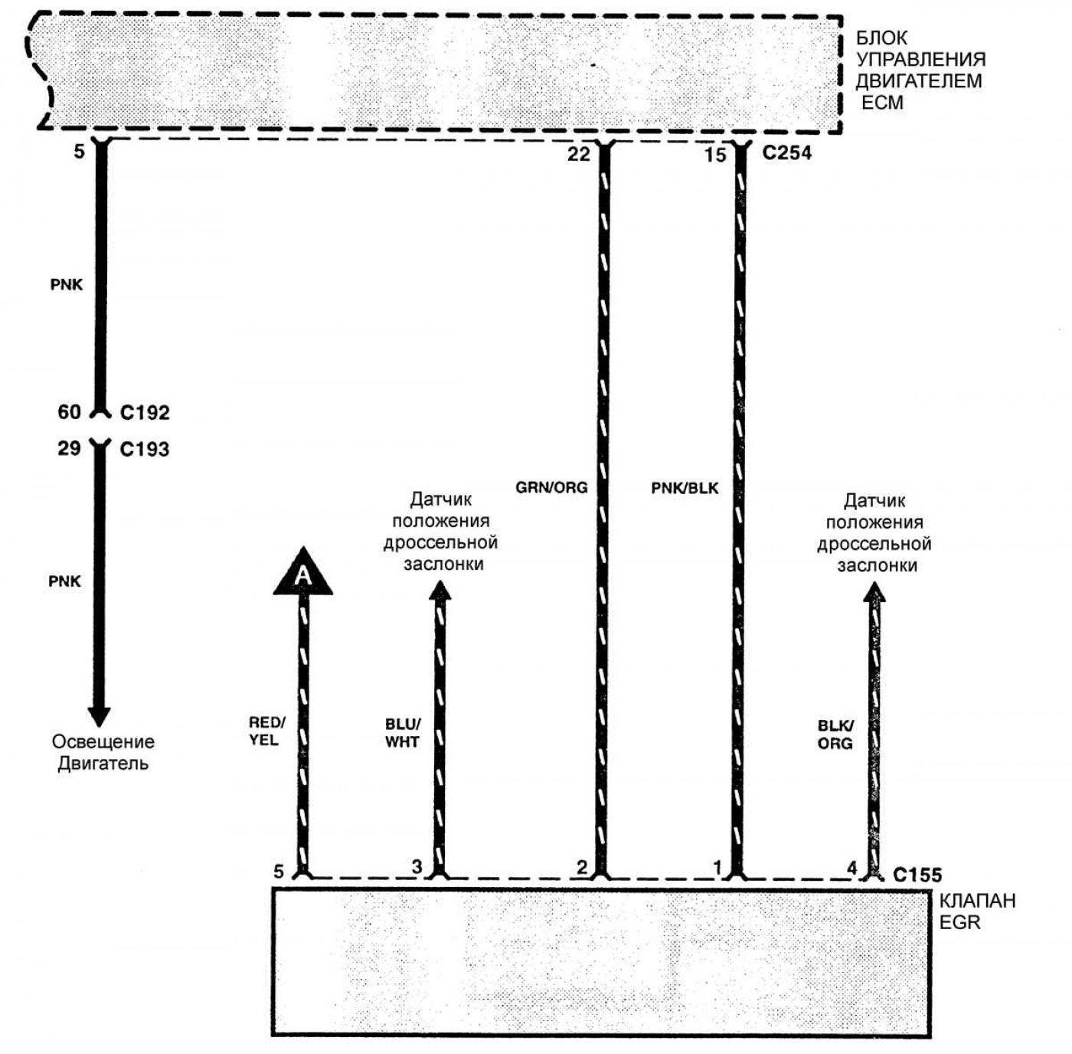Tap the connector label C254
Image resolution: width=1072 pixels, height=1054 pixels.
pos(786,153)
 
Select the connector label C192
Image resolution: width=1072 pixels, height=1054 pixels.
pos(145,413)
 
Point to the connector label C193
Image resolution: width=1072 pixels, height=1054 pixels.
pos(145,449)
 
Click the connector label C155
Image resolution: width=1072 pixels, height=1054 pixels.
pos(917,875)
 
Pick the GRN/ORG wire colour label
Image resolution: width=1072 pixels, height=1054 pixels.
pos(551,487)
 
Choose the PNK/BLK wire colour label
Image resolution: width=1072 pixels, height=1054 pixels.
pos(685,487)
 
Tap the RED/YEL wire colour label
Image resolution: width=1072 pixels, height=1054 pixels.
pos(266,732)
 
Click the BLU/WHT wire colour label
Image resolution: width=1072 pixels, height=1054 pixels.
pos(402,733)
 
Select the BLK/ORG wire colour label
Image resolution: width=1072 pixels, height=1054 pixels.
pos(835,735)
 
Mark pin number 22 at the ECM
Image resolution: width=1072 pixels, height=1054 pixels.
pos(579,155)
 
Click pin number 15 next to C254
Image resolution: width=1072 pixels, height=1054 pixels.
pos(714,155)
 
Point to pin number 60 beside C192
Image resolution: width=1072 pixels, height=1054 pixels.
pos(69,412)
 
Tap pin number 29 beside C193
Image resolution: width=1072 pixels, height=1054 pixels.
pos(69,448)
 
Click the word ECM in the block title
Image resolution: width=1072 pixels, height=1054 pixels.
pos(882,103)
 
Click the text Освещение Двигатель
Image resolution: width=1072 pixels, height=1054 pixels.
pos(103,752)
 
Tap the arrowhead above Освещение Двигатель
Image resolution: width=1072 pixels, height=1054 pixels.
pos(100,715)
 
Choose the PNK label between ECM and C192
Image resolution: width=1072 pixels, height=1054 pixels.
pos(67,285)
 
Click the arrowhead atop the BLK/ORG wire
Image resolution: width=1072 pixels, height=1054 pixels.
pos(874,591)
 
